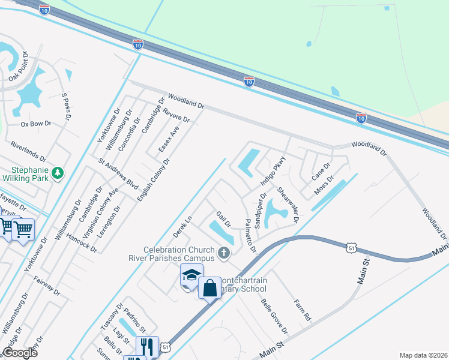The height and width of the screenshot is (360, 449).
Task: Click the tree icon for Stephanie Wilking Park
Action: tap(58, 173)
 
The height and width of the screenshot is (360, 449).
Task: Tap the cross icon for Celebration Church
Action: tap(224, 253)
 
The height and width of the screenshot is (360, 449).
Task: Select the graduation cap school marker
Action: tap(191, 275)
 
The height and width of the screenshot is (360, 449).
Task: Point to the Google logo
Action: tap(20, 353)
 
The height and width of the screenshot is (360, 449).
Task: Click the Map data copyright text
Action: tap(423, 355)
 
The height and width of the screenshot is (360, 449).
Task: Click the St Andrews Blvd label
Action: tap(118, 171)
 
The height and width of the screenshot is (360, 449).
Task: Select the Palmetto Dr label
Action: tap(251, 236)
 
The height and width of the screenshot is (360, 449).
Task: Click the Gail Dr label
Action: tap(223, 219)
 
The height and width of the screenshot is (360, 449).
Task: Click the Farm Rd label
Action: tap(303, 308)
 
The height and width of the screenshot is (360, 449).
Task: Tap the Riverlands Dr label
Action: tap(28, 151)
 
